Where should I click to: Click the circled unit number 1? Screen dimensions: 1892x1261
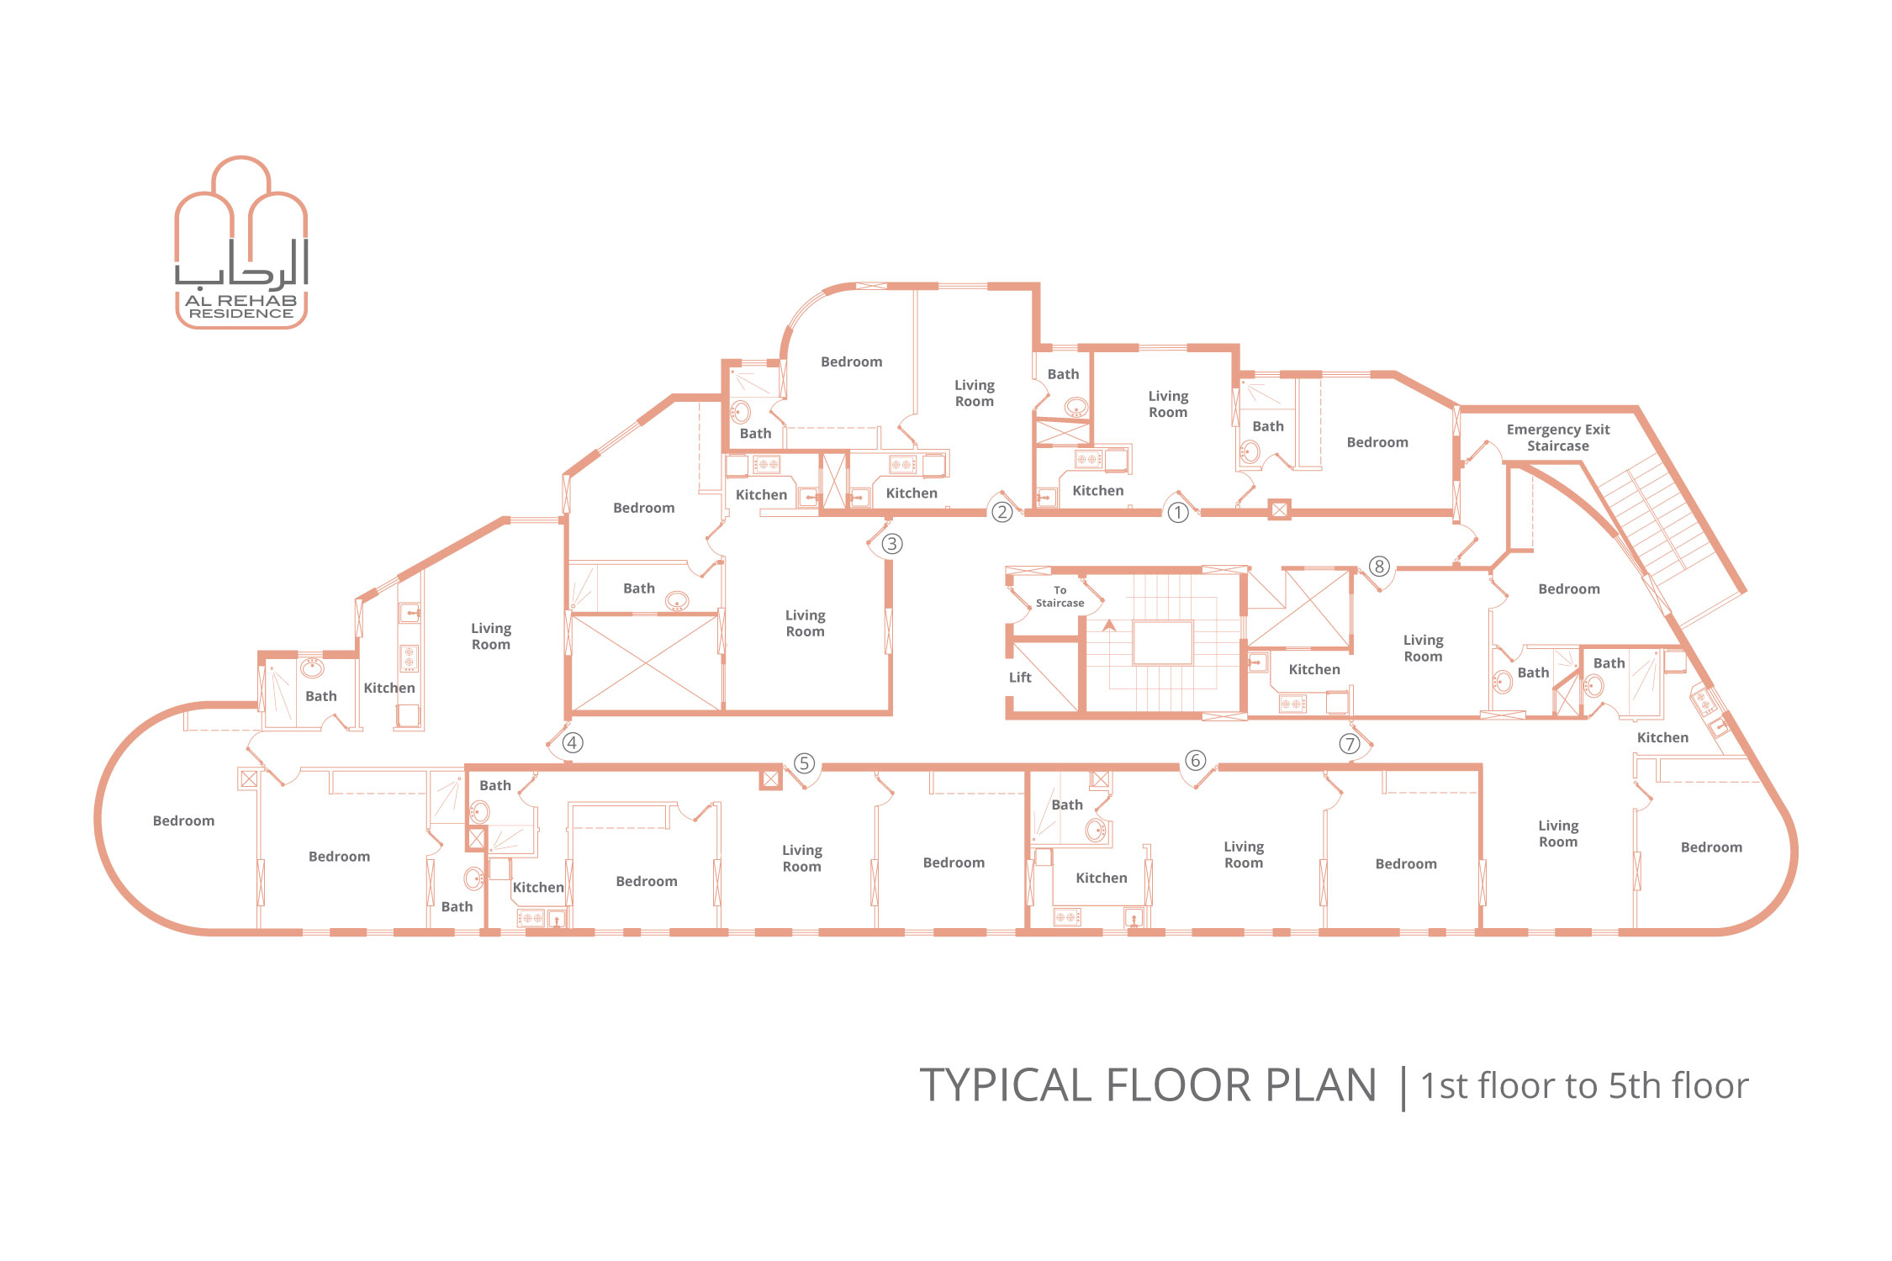point(1177,512)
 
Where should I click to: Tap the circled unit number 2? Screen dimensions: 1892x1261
point(1001,511)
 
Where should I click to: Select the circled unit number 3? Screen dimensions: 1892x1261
point(891,544)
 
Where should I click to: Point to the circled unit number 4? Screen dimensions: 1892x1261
point(572,742)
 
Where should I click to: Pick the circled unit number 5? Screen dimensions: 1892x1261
point(804,763)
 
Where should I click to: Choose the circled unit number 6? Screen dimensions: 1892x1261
point(1195,761)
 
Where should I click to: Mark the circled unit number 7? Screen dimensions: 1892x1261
point(1349,744)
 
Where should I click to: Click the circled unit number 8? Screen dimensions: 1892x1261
point(1378,567)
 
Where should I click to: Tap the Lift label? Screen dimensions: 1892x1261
point(1020,678)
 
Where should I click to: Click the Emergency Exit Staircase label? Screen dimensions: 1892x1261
point(1558,438)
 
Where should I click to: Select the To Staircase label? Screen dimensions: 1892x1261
point(1060,597)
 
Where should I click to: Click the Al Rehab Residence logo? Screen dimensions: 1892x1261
point(241,242)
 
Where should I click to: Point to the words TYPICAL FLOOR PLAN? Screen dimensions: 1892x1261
point(1148,1085)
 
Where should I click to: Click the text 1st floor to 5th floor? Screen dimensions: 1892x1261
point(1584,1086)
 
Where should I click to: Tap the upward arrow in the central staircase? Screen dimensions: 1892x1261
point(1109,625)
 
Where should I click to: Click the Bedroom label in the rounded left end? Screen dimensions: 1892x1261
point(183,821)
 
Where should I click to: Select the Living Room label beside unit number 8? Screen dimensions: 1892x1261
point(1423,648)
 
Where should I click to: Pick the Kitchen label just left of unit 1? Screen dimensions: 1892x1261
point(1097,491)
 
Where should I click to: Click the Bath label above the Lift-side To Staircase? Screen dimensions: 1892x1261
point(1063,375)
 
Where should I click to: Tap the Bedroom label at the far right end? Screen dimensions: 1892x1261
point(1711,847)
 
